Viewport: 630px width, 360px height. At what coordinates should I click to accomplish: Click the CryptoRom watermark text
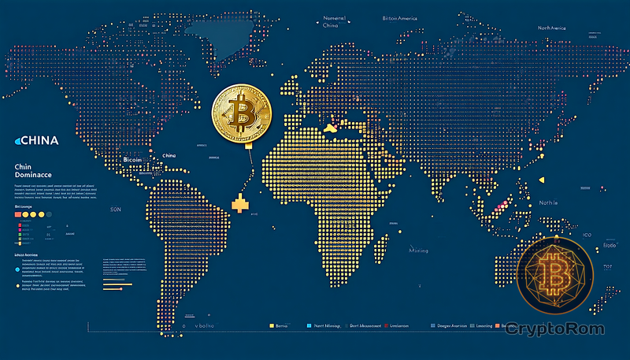click(x=561, y=327)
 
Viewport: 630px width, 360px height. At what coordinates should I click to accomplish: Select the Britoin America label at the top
click(x=401, y=17)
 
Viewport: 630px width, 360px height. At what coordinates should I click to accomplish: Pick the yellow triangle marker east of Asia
click(x=541, y=180)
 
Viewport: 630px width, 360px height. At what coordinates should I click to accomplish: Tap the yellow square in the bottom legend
click(x=271, y=325)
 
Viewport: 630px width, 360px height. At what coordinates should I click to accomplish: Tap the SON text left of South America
click(x=116, y=210)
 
